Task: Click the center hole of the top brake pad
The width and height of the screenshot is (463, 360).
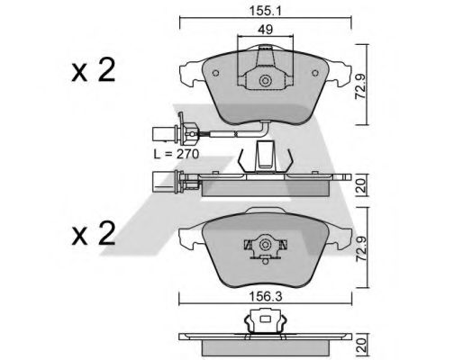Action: click(266, 82)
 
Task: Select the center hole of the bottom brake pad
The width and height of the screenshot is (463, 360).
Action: click(266, 246)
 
